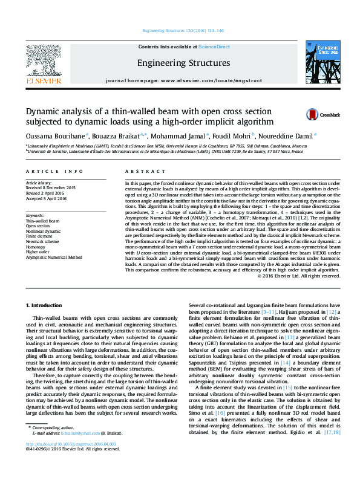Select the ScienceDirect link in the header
coord(214,47)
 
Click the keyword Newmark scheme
coord(42,241)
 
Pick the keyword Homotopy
coord(36,247)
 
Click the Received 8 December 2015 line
coord(50,187)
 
